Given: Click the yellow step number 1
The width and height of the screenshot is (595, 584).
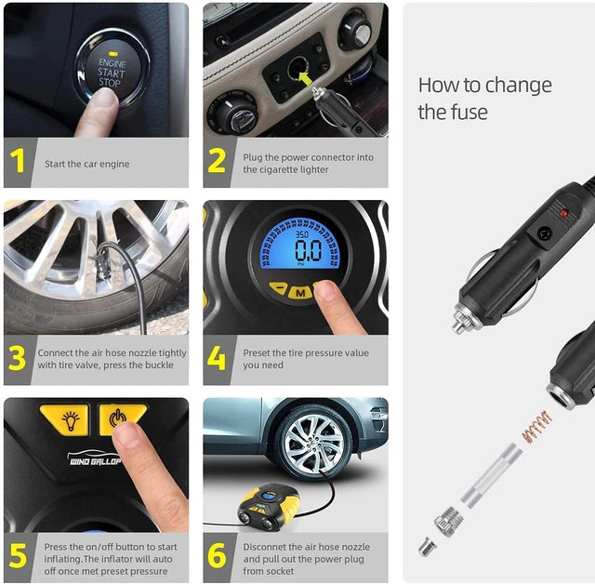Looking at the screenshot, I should coord(19,163).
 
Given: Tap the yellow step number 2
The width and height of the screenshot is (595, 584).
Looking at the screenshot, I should coord(217,163).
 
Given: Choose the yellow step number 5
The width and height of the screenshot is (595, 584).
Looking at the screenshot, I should coord(18,556).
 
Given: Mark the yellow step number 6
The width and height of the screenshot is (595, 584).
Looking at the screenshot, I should coord(217,556).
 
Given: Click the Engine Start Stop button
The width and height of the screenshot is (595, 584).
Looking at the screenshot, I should coord(112,69).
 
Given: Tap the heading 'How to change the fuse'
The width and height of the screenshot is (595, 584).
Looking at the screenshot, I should coord(484,99).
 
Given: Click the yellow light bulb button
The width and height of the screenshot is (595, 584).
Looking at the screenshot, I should coord(63,419).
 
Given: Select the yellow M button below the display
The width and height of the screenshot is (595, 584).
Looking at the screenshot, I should coord(299,292).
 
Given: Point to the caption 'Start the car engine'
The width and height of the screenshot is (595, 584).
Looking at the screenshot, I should coord(87,164).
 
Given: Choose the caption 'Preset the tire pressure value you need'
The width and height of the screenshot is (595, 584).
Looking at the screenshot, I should coord(306,359).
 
